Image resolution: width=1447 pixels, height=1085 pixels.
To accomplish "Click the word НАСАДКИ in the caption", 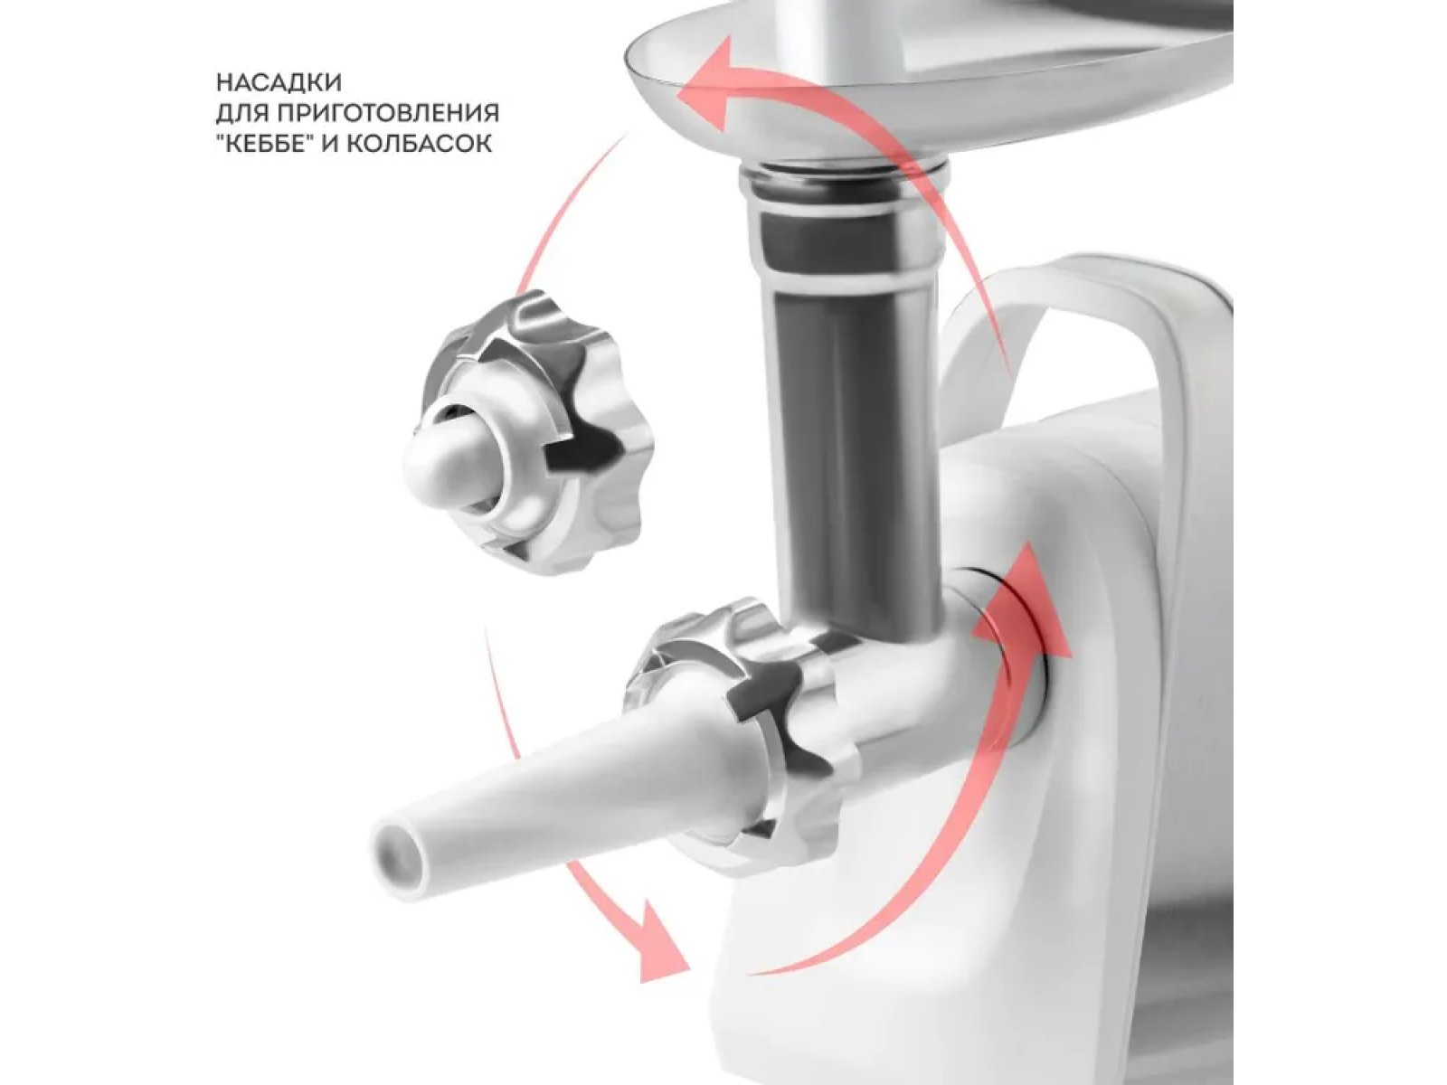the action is (x=279, y=82).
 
